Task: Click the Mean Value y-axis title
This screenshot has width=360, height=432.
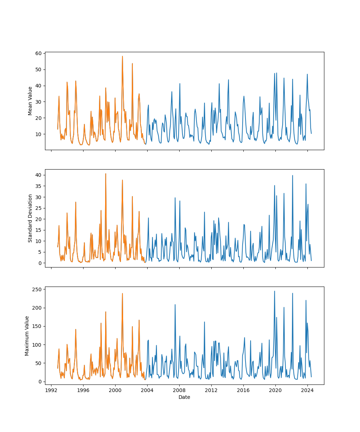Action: pos(30,101)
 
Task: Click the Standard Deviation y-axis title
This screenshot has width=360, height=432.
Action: pos(30,218)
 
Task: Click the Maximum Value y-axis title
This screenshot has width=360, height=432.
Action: pos(27,336)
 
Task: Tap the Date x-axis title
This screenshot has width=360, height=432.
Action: pos(184,397)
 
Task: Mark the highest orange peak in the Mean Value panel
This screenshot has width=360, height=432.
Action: pos(122,56)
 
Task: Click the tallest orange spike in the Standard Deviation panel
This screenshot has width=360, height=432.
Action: pos(105,174)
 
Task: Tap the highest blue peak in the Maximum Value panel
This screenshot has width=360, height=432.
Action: pos(274,291)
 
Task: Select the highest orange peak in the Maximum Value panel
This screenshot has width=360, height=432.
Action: pos(122,293)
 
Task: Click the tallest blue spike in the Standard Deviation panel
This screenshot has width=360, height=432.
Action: pos(293,175)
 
